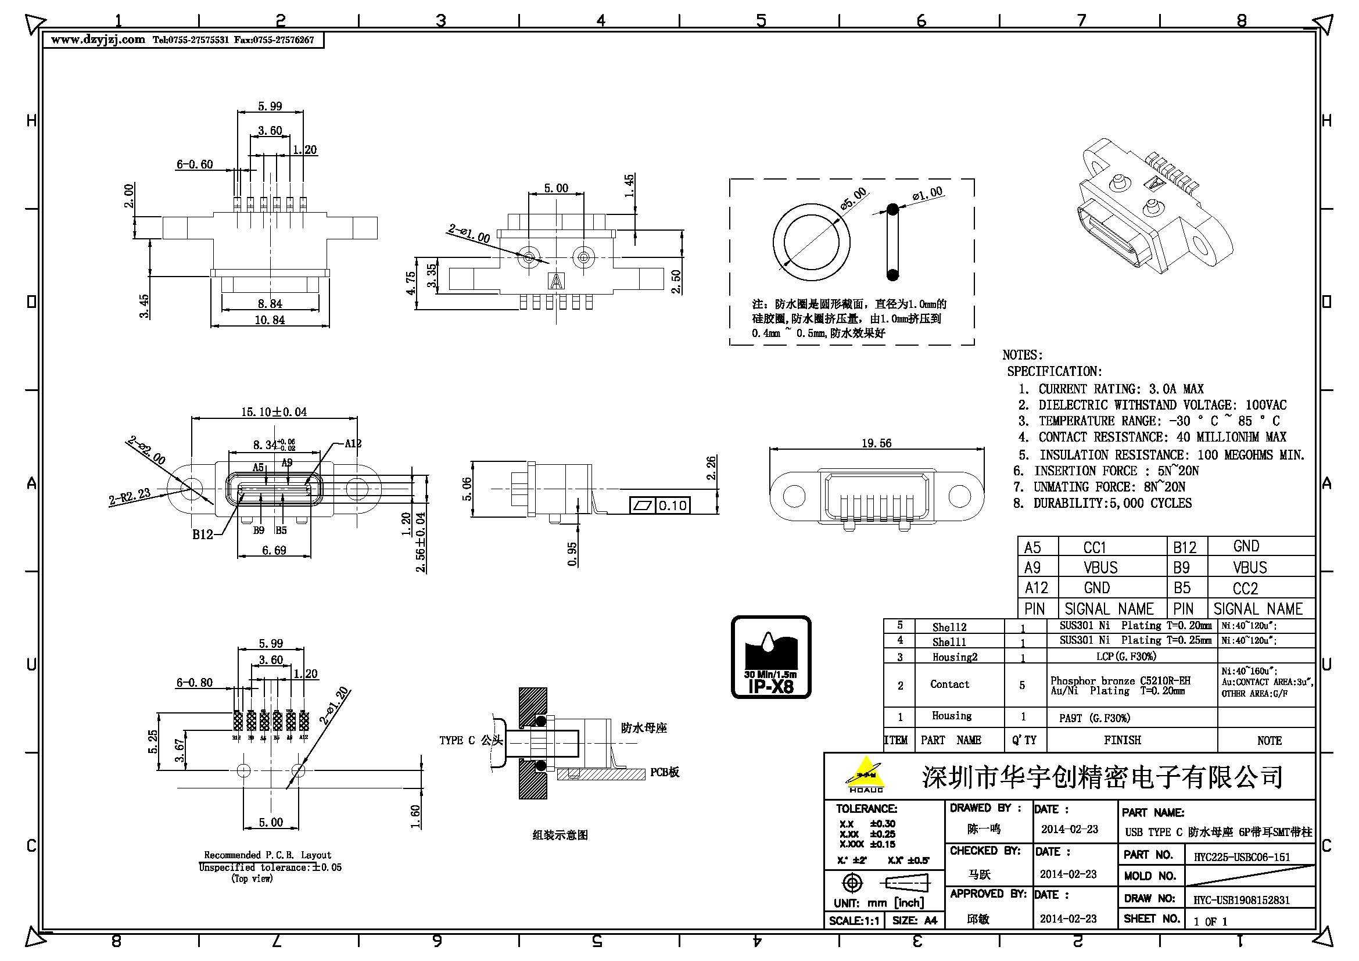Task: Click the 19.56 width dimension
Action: coord(876,443)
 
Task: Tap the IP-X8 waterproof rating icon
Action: coord(770,657)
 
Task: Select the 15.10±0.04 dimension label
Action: coord(274,412)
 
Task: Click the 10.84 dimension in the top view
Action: coord(270,320)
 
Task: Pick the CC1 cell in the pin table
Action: coord(1095,547)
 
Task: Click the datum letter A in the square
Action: coord(557,281)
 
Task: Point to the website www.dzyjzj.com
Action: coord(98,40)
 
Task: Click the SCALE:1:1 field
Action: coord(854,920)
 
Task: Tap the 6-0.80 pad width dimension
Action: coord(194,682)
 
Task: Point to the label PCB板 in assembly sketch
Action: coord(664,772)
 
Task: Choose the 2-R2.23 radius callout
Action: coord(129,496)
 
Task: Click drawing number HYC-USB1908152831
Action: coord(1241,900)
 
